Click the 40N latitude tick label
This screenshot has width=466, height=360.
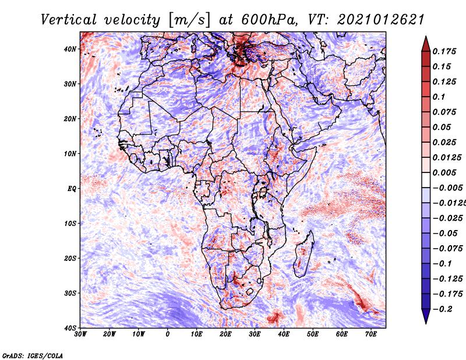click(70, 49)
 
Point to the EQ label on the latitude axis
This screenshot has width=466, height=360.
click(72, 189)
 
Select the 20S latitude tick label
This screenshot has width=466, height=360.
click(70, 258)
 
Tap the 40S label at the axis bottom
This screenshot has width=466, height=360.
click(70, 328)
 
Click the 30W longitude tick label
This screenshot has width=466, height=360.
click(80, 334)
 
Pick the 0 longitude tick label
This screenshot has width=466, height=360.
click(168, 334)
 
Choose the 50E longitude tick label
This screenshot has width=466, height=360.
click(313, 334)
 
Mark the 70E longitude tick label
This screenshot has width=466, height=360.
click(371, 334)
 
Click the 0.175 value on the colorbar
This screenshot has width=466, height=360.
click(444, 51)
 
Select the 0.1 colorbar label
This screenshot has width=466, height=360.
click(439, 97)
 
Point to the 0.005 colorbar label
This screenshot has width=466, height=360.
click(444, 172)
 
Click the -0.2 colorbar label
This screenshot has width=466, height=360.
click(442, 309)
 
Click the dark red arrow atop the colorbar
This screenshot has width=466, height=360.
click(426, 45)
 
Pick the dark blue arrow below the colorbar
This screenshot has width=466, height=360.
click(426, 316)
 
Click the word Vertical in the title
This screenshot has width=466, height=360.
click(69, 20)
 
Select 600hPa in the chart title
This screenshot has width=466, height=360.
click(270, 20)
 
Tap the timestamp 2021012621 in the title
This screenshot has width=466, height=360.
click(381, 20)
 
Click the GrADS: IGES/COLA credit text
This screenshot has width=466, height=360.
click(33, 356)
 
